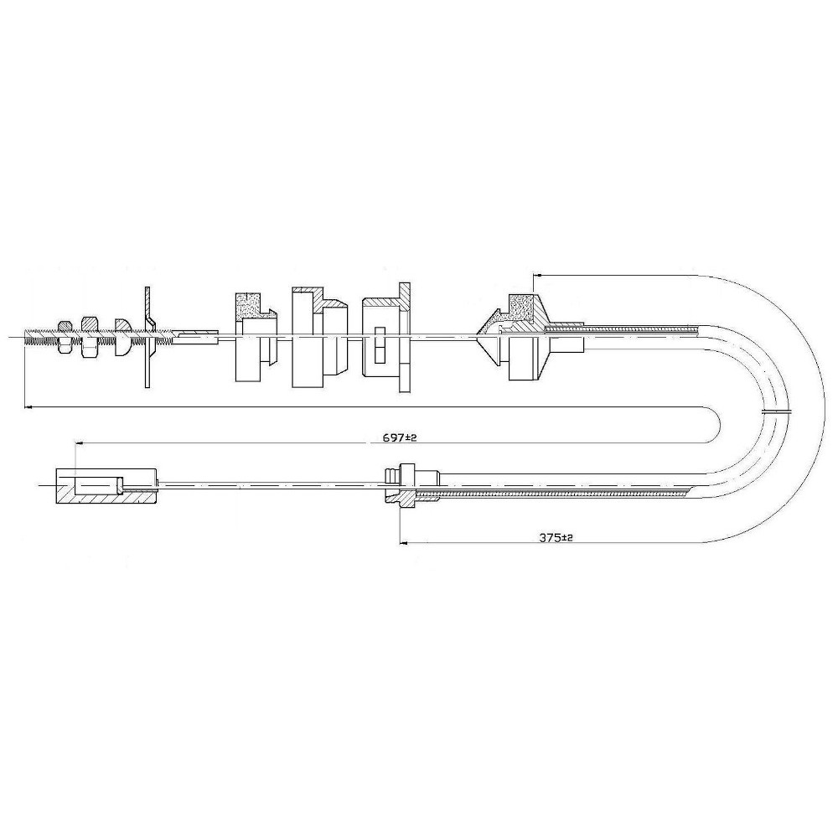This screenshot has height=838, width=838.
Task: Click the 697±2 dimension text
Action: (399, 437)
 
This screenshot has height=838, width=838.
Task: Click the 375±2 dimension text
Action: (556, 538)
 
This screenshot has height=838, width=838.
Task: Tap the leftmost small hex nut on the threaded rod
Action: (65, 337)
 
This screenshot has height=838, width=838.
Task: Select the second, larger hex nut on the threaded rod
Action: (90, 338)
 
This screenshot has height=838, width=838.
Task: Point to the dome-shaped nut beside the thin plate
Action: (124, 338)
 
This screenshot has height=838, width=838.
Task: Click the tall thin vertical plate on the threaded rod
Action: (148, 337)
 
